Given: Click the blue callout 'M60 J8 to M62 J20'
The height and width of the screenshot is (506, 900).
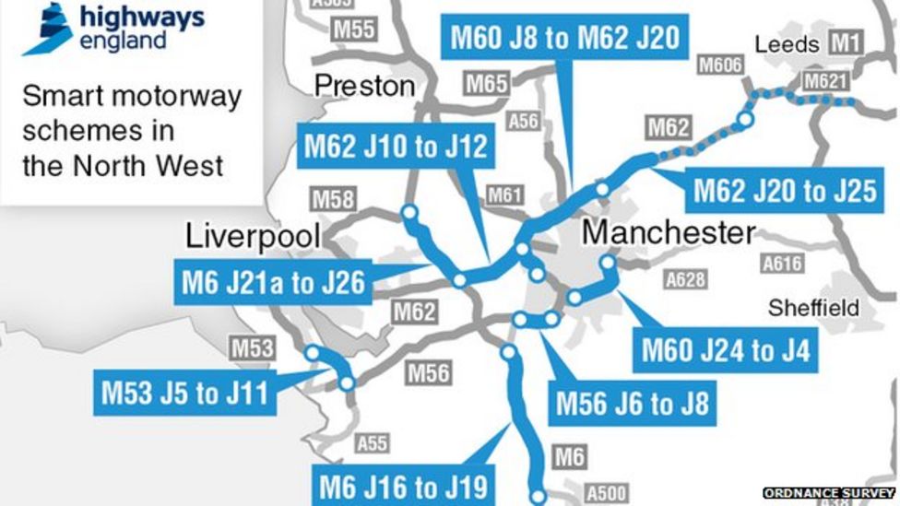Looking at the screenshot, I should pyautogui.click(x=564, y=37).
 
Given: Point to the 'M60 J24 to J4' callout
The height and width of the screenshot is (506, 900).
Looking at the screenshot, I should pyautogui.click(x=725, y=351).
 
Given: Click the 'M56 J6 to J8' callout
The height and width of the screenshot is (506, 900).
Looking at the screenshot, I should pyautogui.click(x=632, y=403).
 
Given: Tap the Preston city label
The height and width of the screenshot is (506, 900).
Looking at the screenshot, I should pyautogui.click(x=365, y=86).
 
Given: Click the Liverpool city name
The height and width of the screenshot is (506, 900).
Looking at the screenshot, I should pyautogui.click(x=253, y=236).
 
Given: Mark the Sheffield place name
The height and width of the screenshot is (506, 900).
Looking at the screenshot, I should pyautogui.click(x=813, y=307).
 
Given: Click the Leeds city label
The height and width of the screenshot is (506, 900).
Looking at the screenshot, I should pyautogui.click(x=786, y=44).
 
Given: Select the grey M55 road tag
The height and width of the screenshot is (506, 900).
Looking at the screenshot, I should pyautogui.click(x=354, y=29).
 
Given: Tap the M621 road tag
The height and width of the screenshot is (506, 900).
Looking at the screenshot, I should pyautogui.click(x=824, y=82).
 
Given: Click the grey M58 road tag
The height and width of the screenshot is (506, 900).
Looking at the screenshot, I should pyautogui.click(x=332, y=198).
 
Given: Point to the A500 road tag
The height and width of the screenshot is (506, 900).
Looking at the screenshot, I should pyautogui.click(x=605, y=492).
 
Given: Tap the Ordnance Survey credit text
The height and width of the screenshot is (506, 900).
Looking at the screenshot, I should pyautogui.click(x=829, y=494).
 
